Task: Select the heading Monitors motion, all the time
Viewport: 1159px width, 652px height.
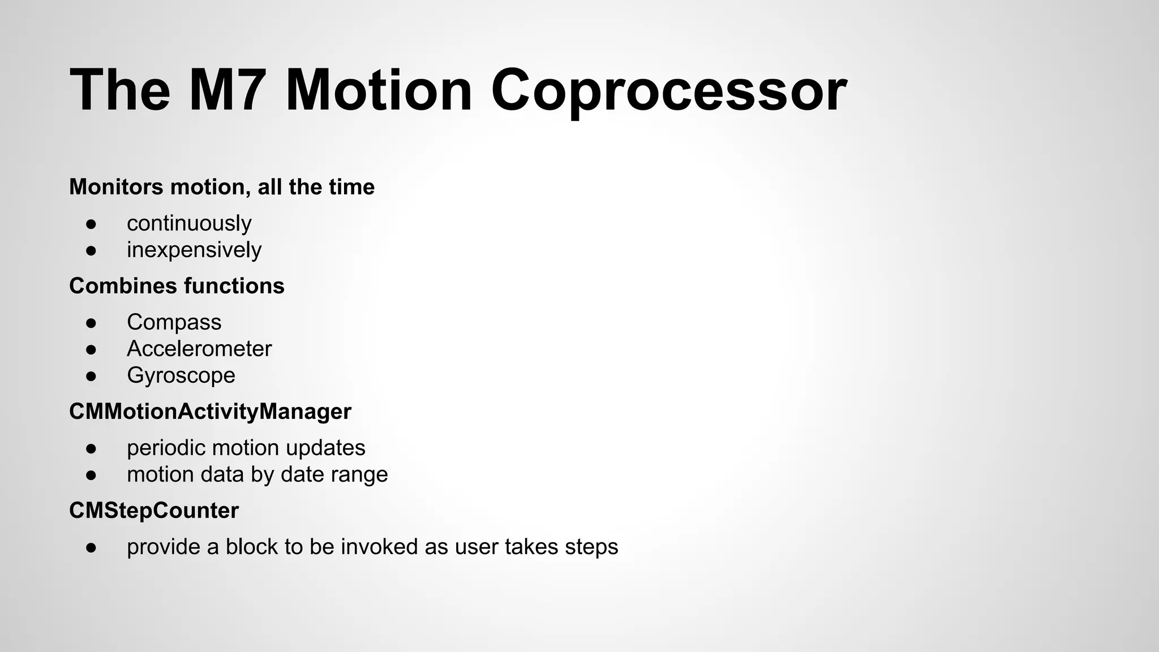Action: point(221,187)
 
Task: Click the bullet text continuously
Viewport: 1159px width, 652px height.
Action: point(189,223)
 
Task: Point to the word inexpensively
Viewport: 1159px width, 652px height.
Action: point(194,250)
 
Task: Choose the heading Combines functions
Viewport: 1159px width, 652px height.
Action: point(177,286)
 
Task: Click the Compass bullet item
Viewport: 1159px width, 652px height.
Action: point(174,322)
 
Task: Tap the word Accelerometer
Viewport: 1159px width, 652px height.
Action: point(199,349)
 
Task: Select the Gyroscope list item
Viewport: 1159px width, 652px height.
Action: point(181,375)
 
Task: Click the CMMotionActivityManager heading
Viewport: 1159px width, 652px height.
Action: point(210,411)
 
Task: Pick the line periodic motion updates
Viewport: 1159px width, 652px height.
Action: point(246,448)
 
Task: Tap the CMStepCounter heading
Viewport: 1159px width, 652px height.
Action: point(153,511)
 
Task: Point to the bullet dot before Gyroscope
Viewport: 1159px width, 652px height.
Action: point(92,376)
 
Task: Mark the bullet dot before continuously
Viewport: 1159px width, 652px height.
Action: point(92,224)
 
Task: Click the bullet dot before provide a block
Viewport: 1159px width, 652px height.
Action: point(92,547)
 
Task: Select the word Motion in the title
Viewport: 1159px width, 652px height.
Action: point(379,91)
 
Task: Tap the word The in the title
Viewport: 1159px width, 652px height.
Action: point(120,91)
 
